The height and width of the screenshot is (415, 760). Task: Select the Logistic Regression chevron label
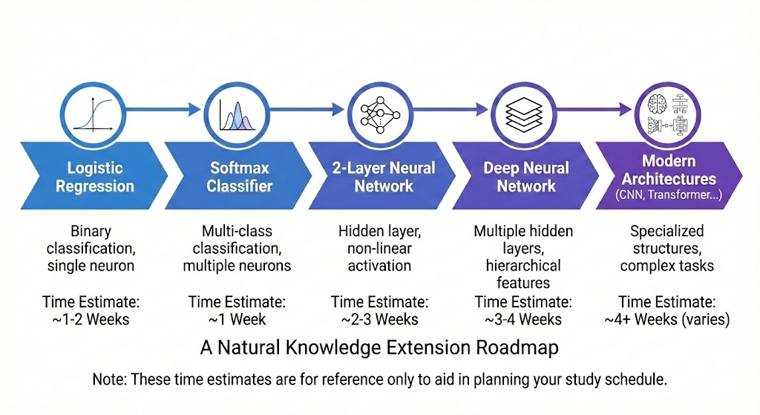[x=94, y=177]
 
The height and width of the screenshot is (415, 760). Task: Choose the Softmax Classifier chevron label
[x=236, y=177]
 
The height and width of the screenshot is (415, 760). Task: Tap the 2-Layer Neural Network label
[x=383, y=177]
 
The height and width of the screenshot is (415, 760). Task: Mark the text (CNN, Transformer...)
[x=668, y=195]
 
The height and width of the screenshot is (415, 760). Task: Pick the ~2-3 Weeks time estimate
[x=379, y=320]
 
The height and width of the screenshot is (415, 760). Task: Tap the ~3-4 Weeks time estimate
[x=523, y=320]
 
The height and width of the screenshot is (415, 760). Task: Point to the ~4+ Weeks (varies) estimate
[x=668, y=320]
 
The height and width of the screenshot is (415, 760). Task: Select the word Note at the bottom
[x=108, y=379]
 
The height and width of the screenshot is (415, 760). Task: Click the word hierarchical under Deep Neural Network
[x=523, y=265]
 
